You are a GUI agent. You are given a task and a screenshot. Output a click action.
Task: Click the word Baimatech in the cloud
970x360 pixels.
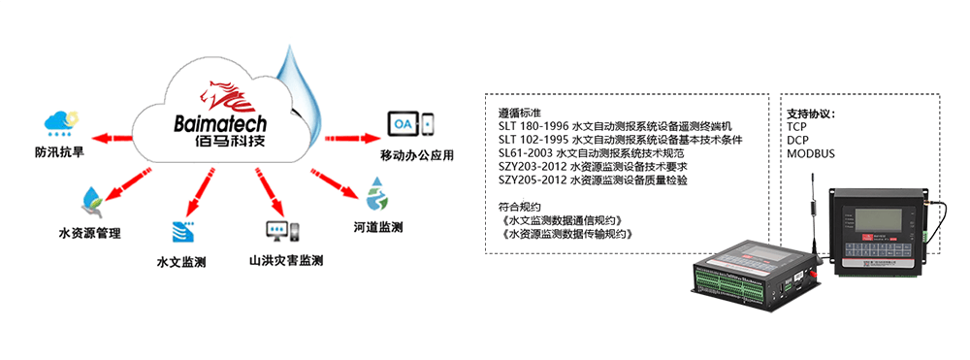222,124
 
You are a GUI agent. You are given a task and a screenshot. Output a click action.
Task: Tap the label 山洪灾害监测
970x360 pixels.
285,261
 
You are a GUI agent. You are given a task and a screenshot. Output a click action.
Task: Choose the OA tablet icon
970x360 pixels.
410,124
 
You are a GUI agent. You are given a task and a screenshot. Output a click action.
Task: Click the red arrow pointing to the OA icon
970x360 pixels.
348,136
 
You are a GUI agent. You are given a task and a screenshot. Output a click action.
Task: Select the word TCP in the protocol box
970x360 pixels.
797,126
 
